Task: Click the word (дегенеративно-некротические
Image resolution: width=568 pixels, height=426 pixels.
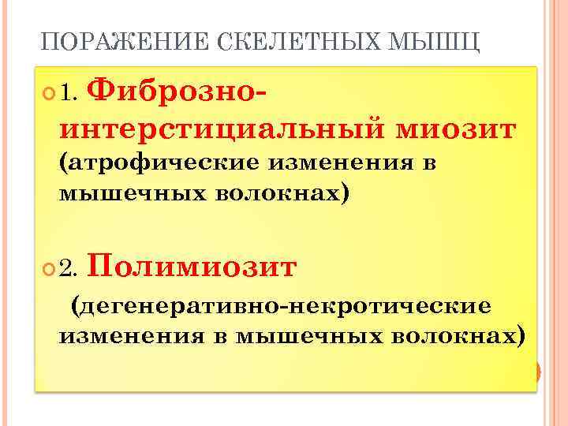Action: click(281, 305)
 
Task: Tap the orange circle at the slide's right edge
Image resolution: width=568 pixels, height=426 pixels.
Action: click(536, 372)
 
